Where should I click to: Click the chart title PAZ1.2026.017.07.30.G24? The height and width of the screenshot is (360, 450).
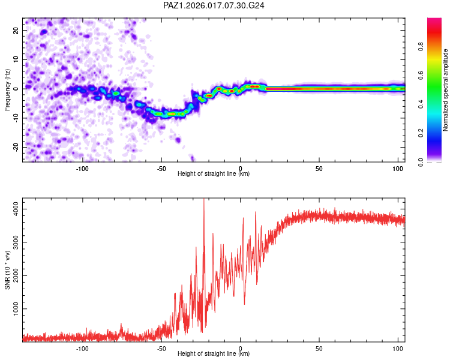pos(214,5)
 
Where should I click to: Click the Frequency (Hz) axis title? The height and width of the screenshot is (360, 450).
pos(7,90)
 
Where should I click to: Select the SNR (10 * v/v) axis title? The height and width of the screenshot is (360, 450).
pos(7,270)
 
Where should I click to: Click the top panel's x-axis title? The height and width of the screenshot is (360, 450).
pos(214,173)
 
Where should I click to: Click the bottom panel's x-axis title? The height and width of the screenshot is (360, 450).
pos(214,353)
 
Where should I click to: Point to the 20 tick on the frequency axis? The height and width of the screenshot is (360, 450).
pos(16,30)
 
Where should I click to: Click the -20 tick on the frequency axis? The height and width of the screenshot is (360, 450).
pos(14,147)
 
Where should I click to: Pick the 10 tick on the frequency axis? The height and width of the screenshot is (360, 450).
pos(16,59)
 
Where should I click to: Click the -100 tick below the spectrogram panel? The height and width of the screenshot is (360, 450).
pos(82,168)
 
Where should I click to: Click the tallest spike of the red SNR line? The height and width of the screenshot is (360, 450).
pos(204,200)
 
